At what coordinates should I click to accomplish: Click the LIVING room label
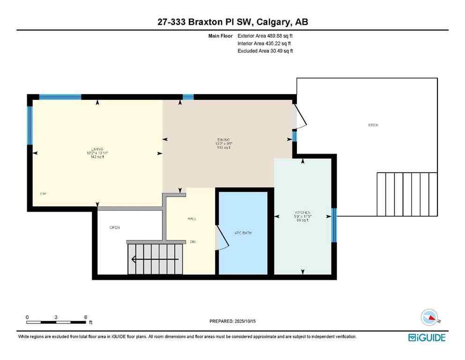pos(97,149)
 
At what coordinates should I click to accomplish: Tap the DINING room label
pos(224,140)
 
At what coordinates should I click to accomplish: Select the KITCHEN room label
pos(303,212)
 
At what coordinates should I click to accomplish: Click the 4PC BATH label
pos(243,232)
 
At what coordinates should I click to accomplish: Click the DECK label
pos(373,125)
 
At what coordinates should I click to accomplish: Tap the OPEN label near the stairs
pos(115,228)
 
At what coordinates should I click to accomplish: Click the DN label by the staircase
pos(192,242)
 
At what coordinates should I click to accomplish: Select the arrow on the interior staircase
pos(155,259)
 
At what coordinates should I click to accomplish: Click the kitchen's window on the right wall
pos(334,225)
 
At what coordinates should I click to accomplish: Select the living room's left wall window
pos(30,125)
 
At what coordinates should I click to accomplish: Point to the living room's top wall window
pos(60,97)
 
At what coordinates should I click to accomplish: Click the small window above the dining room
pos(188,97)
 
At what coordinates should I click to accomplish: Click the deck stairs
pos(407,194)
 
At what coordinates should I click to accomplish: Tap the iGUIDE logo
pos(427,337)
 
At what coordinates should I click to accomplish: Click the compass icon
pos(429,318)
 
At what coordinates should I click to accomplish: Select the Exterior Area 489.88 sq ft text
pos(265,36)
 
